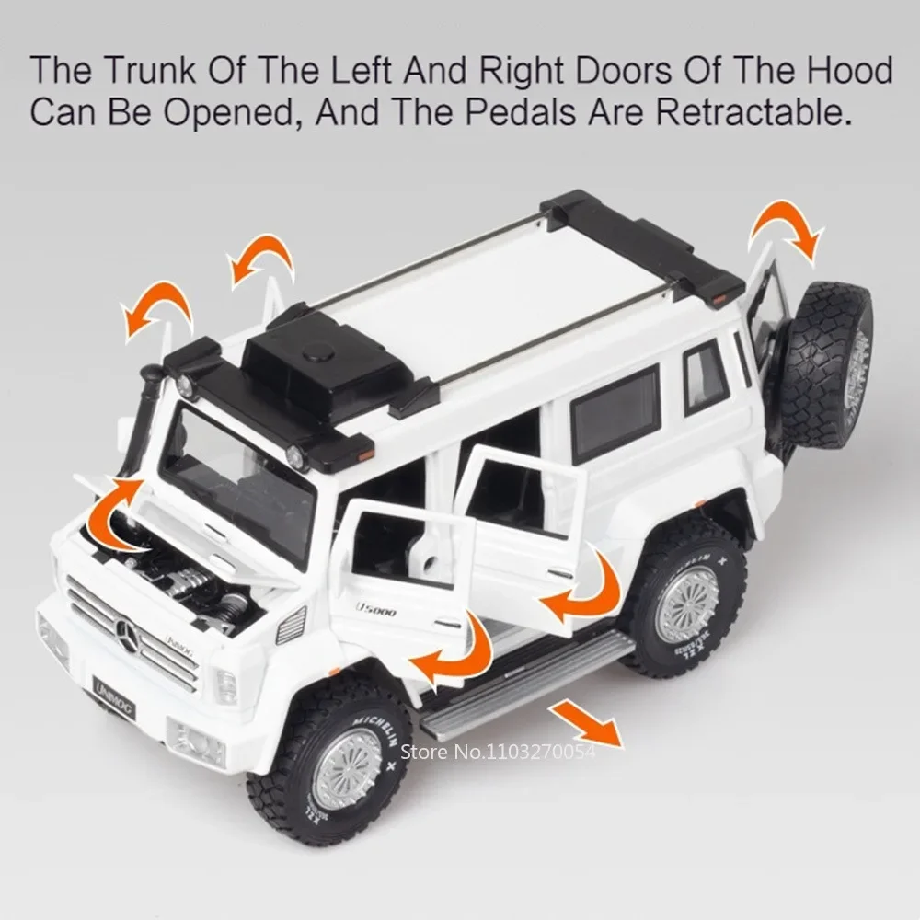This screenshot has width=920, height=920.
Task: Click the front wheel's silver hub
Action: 347,767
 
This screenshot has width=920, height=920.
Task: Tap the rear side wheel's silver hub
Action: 686,603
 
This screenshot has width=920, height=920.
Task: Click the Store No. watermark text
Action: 520,753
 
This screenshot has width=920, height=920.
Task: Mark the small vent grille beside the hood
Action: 291,626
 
